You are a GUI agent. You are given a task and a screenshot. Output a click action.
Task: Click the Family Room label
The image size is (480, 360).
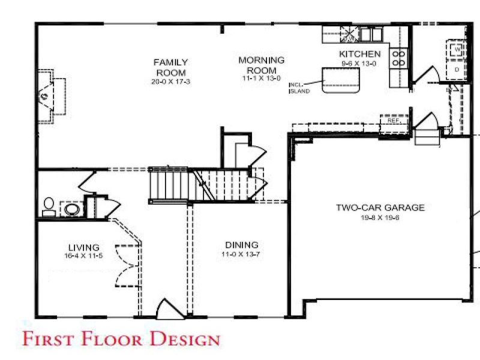(170, 67)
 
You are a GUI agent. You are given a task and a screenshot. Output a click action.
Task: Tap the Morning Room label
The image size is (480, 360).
(261, 65)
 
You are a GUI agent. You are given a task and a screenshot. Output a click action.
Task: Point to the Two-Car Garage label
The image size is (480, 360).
(380, 208)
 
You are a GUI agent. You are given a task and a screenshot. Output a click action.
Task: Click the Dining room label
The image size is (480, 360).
(242, 245)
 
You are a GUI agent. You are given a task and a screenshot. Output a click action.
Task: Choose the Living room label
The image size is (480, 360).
(83, 247)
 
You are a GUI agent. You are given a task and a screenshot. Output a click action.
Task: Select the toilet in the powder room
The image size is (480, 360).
(48, 207)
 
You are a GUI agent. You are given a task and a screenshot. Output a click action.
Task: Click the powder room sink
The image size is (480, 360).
(72, 209)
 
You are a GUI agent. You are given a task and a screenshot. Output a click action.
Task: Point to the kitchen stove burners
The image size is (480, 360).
(398, 58)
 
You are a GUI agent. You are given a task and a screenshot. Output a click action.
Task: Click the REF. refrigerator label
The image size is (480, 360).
(394, 121)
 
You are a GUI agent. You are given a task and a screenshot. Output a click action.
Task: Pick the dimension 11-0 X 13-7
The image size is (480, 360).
(242, 255)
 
